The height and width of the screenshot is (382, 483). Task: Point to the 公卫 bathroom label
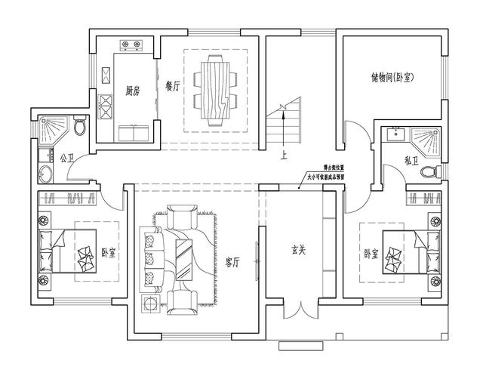point(66,159)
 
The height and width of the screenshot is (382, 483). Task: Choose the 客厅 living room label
point(232,262)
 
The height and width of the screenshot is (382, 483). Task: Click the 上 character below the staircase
point(283,157)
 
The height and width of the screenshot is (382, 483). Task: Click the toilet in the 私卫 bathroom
point(430,172)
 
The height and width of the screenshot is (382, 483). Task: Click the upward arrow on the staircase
point(282,125)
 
